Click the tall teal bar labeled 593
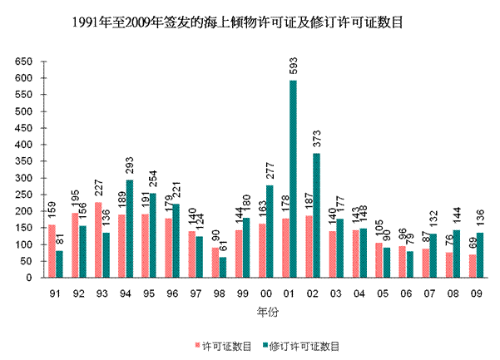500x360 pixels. pos(294,179)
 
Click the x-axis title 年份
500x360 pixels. pos(265,311)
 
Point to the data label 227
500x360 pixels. pos(98,189)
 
